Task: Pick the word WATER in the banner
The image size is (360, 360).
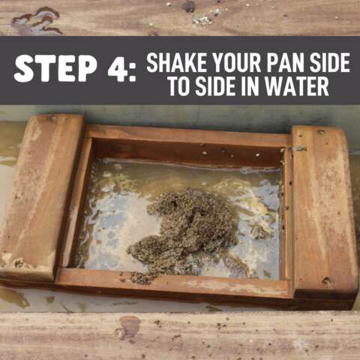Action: coord(297,86)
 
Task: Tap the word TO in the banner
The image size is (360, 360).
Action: coord(181,86)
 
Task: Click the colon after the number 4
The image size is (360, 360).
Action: coord(133,73)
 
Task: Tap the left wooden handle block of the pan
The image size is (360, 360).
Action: coord(41,197)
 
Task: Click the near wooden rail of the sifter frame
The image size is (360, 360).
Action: coord(174,283)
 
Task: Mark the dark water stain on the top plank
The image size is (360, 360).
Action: coord(37,21)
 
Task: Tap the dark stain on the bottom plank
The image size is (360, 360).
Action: coord(128,328)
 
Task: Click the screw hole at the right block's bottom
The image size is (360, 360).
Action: coord(325,281)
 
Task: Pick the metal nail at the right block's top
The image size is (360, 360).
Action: coord(298,148)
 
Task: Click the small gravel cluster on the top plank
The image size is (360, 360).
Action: coord(203,20)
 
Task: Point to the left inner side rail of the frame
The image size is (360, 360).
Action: coord(75,202)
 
